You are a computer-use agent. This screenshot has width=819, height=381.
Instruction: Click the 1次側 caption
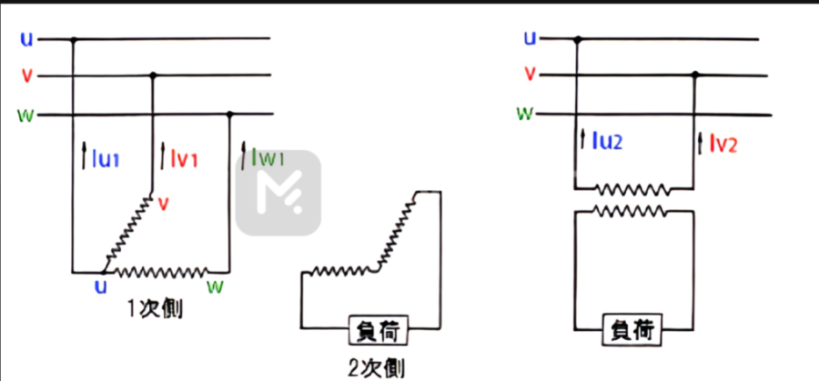coord(156,308)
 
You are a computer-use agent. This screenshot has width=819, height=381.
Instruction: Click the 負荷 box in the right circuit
coord(633,329)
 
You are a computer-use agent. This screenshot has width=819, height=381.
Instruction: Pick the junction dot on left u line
coord(74,39)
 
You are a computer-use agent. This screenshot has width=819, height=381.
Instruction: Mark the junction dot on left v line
coord(152,75)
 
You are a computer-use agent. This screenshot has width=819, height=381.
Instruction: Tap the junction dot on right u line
coord(577,39)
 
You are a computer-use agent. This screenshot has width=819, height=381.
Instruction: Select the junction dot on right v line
coord(695,75)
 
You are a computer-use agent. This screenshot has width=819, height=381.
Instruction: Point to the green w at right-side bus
coord(525,114)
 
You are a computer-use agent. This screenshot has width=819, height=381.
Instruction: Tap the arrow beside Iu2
coord(583,141)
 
